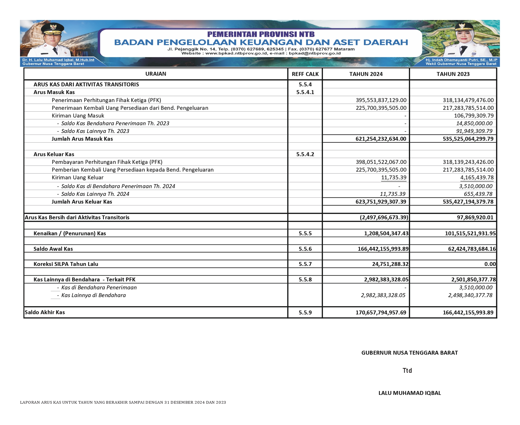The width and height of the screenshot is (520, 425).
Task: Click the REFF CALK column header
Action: tap(305, 74)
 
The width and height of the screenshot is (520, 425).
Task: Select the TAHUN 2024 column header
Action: tap(366, 74)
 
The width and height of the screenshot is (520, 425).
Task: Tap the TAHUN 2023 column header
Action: tap(453, 74)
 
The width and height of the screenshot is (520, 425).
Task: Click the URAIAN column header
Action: tap(156, 74)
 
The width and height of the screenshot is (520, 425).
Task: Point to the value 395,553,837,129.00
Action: tap(381, 100)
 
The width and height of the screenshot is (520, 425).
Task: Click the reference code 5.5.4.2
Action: tap(305, 154)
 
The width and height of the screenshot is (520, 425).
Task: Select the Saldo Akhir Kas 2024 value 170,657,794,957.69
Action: tap(381, 312)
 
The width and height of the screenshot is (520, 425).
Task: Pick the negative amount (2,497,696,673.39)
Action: tap(384, 217)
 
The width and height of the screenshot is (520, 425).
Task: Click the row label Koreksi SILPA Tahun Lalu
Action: tap(66, 264)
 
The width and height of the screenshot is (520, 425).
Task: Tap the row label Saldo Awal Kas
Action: tap(53, 249)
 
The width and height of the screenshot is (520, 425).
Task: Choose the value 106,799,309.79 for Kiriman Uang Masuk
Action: tap(474, 116)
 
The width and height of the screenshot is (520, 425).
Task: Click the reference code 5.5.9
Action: tap(305, 312)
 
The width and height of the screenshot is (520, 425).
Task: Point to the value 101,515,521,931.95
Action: tap(470, 233)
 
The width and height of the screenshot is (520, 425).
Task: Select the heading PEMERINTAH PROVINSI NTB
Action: tap(261, 34)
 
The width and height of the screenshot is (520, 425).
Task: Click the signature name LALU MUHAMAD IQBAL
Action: tap(410, 393)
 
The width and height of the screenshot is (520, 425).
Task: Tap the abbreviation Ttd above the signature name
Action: tap(407, 371)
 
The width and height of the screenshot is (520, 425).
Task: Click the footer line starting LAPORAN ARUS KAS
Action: tap(123, 402)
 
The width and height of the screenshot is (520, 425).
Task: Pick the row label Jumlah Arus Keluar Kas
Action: tap(82, 202)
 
